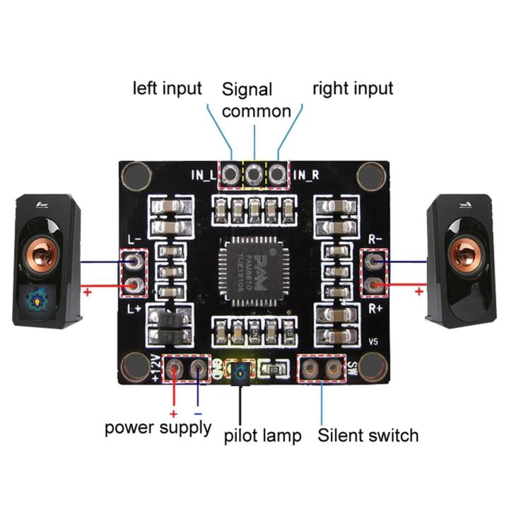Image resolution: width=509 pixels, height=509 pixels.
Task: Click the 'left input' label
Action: click(168, 89)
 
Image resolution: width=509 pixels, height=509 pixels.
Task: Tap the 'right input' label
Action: click(353, 89)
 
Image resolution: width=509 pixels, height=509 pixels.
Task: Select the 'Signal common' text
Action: click(256, 100)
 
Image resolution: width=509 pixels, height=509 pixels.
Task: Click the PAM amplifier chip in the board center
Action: click(255, 272)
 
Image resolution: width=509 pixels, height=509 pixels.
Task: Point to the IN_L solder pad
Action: click(230, 173)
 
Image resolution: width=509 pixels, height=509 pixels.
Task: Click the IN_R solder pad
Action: click(279, 173)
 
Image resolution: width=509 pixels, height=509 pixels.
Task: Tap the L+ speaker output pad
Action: click(134, 286)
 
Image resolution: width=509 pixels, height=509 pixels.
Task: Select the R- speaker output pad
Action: click(375, 262)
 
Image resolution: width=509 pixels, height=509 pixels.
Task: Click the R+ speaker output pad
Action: click(375, 286)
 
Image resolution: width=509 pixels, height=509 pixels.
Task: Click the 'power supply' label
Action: click(158, 428)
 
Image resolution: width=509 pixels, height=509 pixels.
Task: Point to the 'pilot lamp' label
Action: click(262, 435)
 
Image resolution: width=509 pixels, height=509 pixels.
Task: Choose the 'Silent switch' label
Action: click(368, 435)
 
